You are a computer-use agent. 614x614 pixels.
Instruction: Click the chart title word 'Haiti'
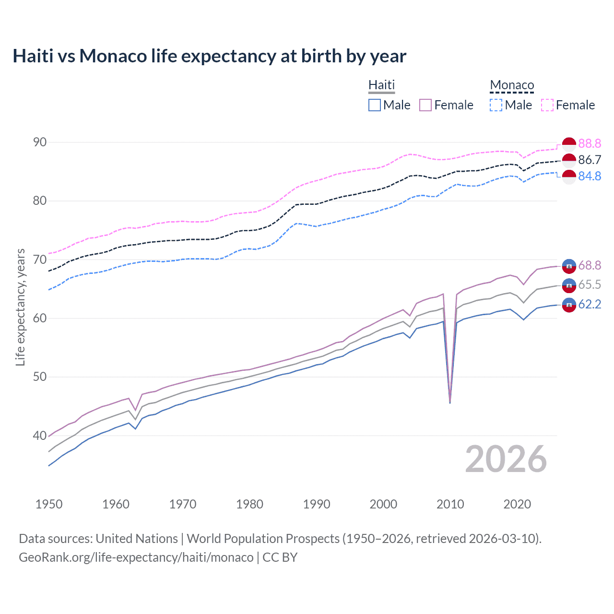pyautogui.click(x=33, y=56)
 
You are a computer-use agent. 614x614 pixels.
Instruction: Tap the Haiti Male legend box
pyautogui.click(x=375, y=105)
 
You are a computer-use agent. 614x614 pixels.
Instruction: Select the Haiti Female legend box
pyautogui.click(x=425, y=105)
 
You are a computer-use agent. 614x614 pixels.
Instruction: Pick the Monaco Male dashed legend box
pyautogui.click(x=496, y=105)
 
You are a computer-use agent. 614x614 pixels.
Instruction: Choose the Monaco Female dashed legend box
pyautogui.click(x=547, y=105)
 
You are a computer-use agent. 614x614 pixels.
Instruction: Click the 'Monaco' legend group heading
pyautogui.click(x=512, y=85)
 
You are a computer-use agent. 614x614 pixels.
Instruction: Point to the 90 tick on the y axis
pyautogui.click(x=40, y=142)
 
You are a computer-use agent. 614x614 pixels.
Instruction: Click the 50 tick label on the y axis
pyautogui.click(x=40, y=377)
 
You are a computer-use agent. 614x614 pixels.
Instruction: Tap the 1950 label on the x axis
pyautogui.click(x=49, y=504)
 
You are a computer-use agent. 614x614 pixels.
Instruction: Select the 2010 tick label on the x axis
pyautogui.click(x=450, y=504)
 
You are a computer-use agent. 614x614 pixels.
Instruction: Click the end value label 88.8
pyautogui.click(x=590, y=143)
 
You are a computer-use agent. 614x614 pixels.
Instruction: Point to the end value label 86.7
pyautogui.click(x=590, y=160)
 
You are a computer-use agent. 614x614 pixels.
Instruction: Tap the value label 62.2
pyautogui.click(x=590, y=305)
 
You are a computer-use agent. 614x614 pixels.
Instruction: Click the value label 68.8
pyautogui.click(x=590, y=265)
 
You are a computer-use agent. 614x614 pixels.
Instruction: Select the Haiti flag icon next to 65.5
pyautogui.click(x=569, y=285)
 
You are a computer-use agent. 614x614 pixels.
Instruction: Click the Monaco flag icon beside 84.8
pyautogui.click(x=569, y=177)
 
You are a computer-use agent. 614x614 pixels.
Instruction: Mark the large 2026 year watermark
pyautogui.click(x=506, y=459)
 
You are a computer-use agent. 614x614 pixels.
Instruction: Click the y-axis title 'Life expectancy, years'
pyautogui.click(x=20, y=307)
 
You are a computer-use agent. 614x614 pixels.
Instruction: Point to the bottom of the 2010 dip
pyautogui.click(x=449, y=402)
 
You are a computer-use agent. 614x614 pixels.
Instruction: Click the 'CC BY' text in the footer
pyautogui.click(x=280, y=557)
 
